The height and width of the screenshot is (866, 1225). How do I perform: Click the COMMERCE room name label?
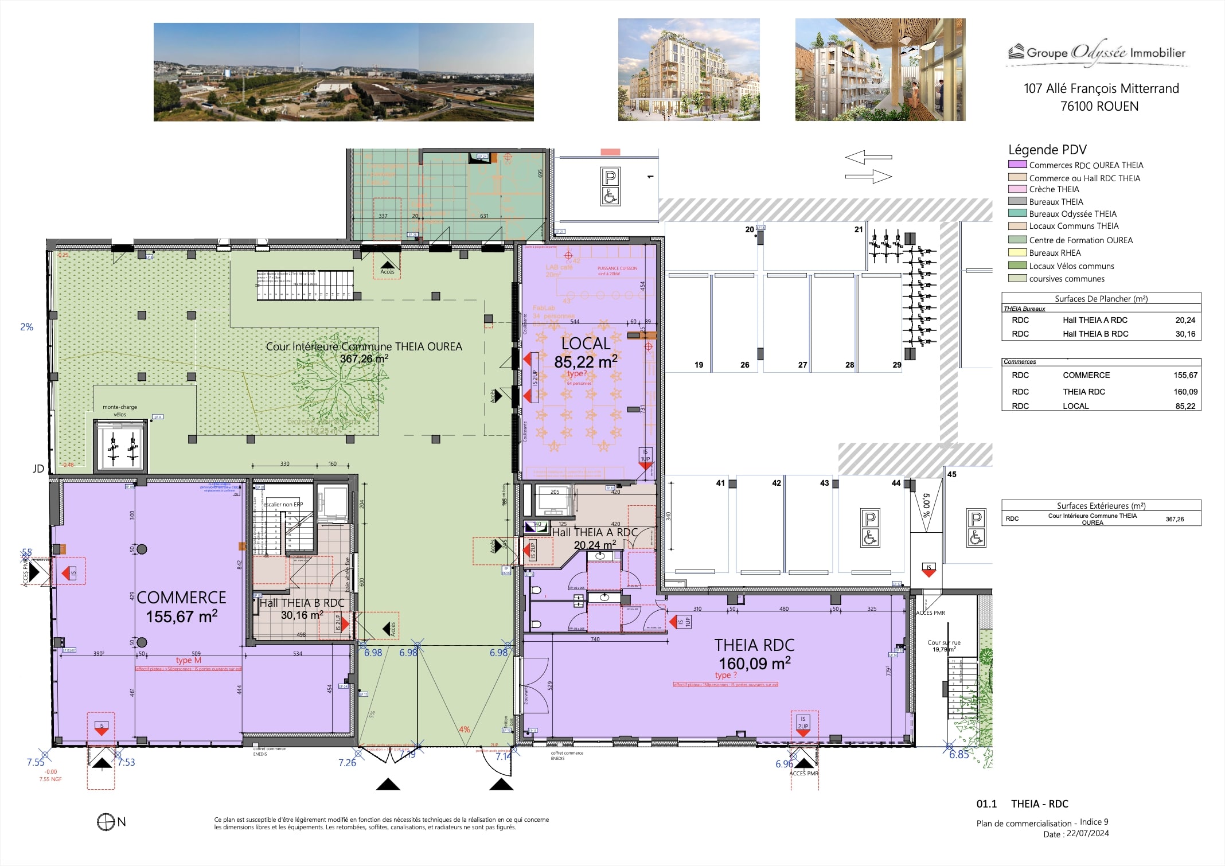pyautogui.click(x=181, y=598)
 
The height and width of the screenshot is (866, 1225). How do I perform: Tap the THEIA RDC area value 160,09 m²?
pyautogui.click(x=754, y=664)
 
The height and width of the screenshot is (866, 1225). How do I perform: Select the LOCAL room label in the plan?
pyautogui.click(x=586, y=344)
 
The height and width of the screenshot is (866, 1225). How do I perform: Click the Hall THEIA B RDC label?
pyautogui.click(x=302, y=603)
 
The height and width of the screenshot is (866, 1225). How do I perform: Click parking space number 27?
pyautogui.click(x=802, y=365)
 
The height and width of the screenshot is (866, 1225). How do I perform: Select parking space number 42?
pyautogui.click(x=776, y=483)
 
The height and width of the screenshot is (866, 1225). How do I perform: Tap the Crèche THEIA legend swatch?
pyautogui.click(x=1017, y=189)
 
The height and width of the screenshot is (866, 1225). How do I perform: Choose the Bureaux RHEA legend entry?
pyautogui.click(x=1054, y=253)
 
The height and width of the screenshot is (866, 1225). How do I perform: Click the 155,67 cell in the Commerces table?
pyautogui.click(x=1185, y=375)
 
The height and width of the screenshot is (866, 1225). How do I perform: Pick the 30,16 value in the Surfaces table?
pyautogui.click(x=1185, y=334)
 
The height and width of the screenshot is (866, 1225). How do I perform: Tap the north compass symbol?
pyautogui.click(x=106, y=822)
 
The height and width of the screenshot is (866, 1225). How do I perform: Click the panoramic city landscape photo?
pyautogui.click(x=344, y=72)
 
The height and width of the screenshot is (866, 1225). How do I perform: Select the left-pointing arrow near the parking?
pyautogui.click(x=868, y=157)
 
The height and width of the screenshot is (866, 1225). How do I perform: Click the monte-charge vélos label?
pyautogui.click(x=120, y=411)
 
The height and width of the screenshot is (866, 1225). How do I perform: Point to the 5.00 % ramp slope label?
pyautogui.click(x=926, y=505)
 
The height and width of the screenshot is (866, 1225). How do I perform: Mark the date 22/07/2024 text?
pyautogui.click(x=1087, y=834)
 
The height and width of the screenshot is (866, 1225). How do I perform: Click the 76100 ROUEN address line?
pyautogui.click(x=1099, y=106)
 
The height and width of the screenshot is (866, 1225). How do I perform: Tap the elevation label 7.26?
pyautogui.click(x=347, y=763)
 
